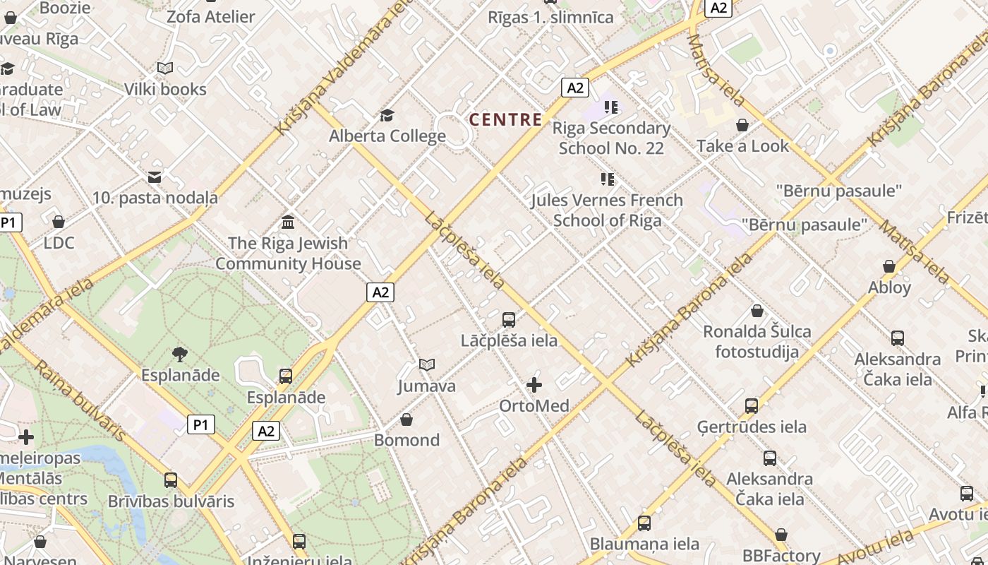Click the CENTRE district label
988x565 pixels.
point(505,119)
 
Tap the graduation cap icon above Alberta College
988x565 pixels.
point(387,115)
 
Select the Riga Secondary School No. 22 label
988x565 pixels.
point(611,138)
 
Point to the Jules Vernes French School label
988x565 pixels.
point(607,210)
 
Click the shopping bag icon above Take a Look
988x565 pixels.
point(742,126)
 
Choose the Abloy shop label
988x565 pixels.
point(889,287)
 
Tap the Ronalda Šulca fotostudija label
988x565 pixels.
point(757,341)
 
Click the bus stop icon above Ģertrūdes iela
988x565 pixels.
point(752,406)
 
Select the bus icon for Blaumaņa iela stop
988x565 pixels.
point(644,523)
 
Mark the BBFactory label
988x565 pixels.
point(781,555)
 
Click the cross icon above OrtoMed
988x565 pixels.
point(534,385)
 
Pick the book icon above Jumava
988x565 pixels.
point(426,365)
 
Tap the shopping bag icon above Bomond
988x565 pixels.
point(406,420)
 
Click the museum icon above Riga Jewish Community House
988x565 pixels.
point(288,222)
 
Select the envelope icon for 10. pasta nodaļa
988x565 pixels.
point(155,177)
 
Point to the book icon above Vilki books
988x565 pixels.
point(165,69)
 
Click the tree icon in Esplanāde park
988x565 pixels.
point(180,354)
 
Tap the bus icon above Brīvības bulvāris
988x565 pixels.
point(171,480)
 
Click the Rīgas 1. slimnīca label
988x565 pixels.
point(550,18)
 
